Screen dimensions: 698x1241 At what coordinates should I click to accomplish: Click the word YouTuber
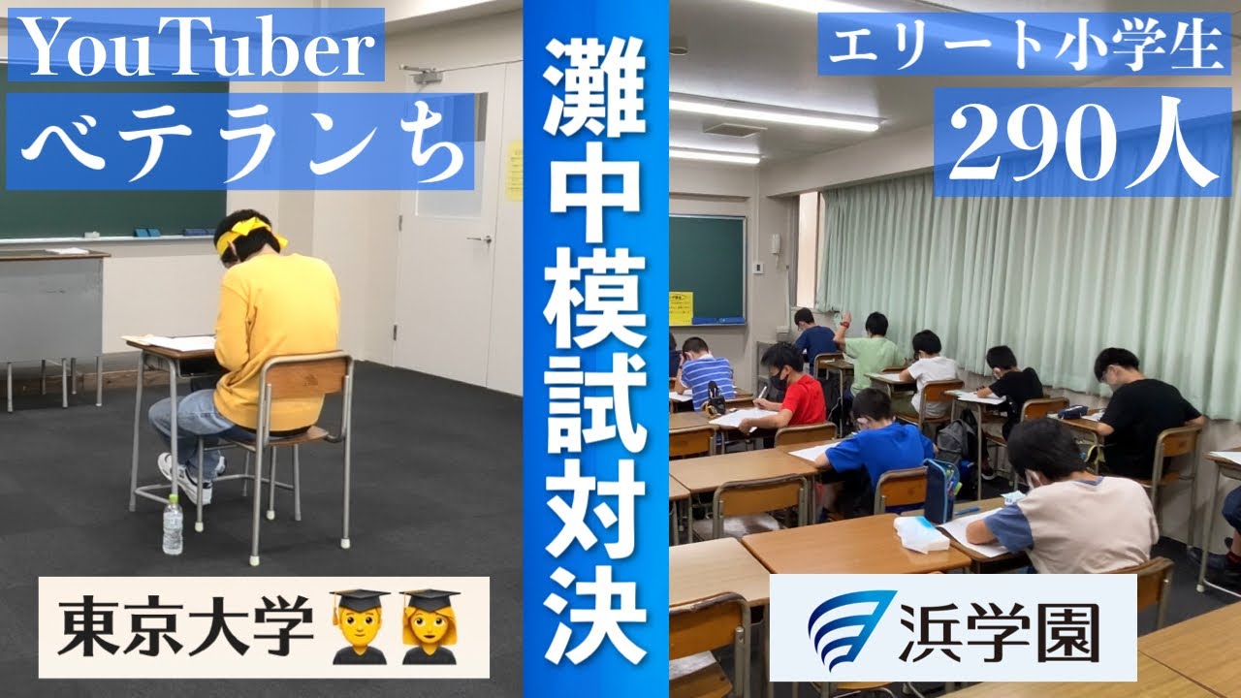click(x=195, y=45)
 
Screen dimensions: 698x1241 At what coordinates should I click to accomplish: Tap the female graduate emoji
click(x=430, y=626)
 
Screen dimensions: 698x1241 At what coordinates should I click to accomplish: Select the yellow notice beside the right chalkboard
click(x=681, y=306)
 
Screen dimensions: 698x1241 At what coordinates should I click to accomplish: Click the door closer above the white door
click(x=422, y=74)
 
